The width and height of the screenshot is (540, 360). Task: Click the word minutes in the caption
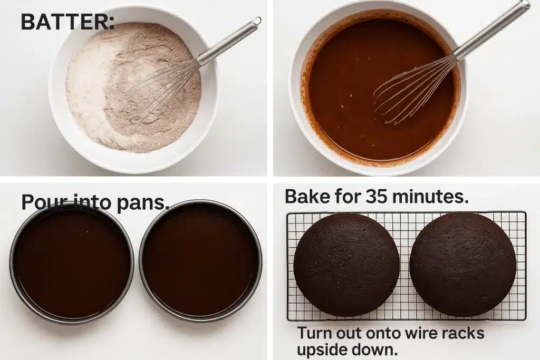[430, 197]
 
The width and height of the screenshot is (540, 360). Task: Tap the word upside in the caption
[322, 349]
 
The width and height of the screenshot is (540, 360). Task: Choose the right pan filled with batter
[201, 262]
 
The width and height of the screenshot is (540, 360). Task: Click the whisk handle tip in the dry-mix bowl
[256, 22]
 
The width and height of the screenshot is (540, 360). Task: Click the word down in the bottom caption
[376, 349]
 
